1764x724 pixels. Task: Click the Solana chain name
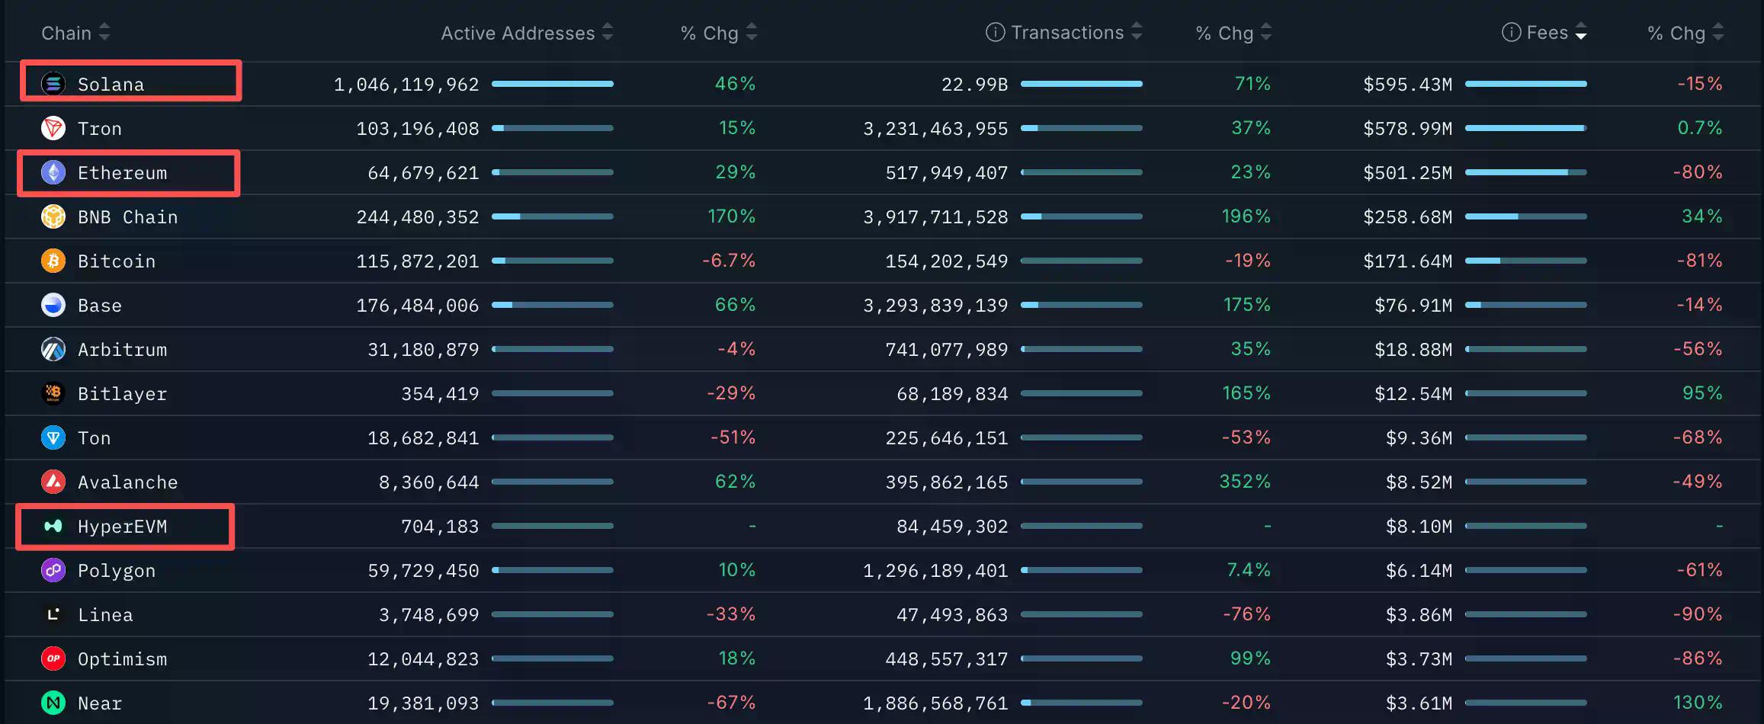tap(111, 85)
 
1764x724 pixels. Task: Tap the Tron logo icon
tap(53, 128)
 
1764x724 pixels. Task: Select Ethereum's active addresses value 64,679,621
tap(423, 173)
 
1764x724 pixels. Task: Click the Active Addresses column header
tap(518, 33)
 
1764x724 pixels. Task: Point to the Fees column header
tap(1547, 33)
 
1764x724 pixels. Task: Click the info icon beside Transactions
tap(995, 32)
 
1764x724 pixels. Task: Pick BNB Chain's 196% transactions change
tap(1246, 216)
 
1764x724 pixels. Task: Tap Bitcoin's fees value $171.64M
tap(1407, 261)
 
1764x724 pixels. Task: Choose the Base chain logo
tap(53, 305)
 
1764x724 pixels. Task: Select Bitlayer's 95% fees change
tap(1701, 393)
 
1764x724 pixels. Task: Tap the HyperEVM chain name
tap(122, 527)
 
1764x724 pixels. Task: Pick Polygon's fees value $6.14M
tap(1419, 571)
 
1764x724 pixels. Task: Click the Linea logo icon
tap(53, 614)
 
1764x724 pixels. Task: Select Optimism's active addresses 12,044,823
tap(423, 659)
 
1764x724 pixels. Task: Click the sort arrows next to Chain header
tap(104, 33)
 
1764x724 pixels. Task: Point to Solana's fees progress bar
tap(1525, 84)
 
